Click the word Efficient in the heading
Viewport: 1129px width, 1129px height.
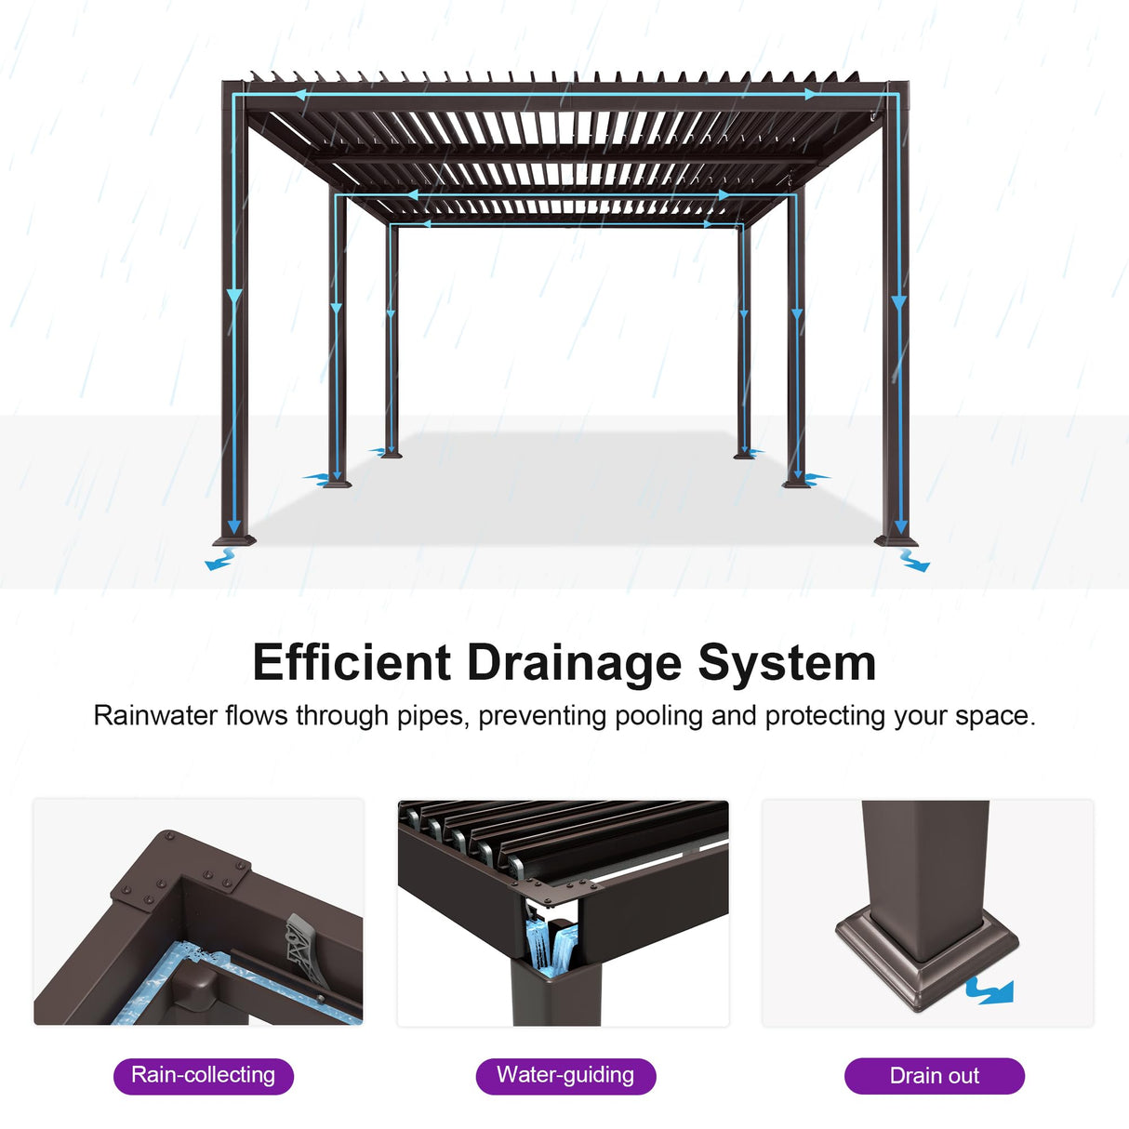pyautogui.click(x=352, y=663)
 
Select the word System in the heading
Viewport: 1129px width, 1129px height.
pyautogui.click(x=787, y=663)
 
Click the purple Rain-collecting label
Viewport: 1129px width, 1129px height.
pyautogui.click(x=203, y=1076)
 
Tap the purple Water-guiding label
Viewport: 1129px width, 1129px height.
pyautogui.click(x=565, y=1076)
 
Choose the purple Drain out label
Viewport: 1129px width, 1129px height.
pyautogui.click(x=934, y=1076)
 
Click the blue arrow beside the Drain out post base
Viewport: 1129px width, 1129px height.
pyautogui.click(x=990, y=990)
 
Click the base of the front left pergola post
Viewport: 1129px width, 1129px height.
pyautogui.click(x=233, y=539)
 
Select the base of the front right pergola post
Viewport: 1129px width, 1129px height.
pyautogui.click(x=897, y=539)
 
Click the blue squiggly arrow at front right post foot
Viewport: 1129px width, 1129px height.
pyautogui.click(x=915, y=561)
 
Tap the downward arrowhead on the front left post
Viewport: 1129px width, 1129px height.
pyautogui.click(x=234, y=298)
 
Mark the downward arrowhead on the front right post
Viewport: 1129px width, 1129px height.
pyautogui.click(x=898, y=302)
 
